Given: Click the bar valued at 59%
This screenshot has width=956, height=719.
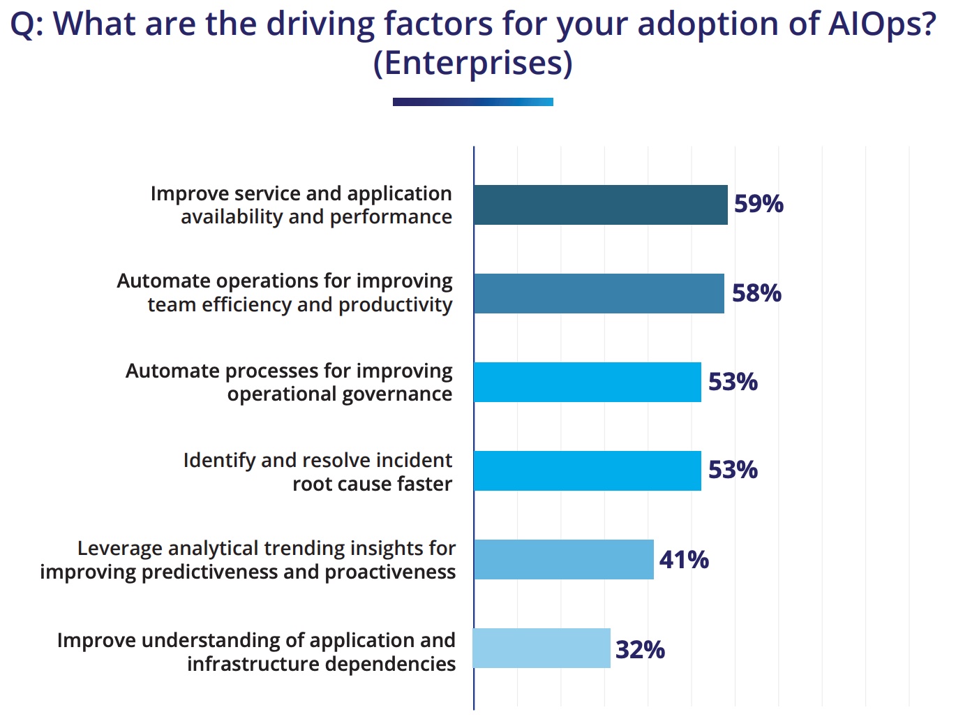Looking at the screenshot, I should pos(600,205).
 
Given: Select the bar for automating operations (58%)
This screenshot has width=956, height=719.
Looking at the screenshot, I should pos(599,293).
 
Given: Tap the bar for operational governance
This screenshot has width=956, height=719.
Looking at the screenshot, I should pos(587,382).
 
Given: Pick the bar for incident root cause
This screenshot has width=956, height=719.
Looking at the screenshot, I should pos(587,470).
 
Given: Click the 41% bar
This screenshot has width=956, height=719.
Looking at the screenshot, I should pos(563,559).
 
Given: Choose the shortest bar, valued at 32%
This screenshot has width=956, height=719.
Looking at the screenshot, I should pos(542,648).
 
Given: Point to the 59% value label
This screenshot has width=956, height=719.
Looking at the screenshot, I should pos(759,204).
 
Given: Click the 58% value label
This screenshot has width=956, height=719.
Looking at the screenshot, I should pos(756,292).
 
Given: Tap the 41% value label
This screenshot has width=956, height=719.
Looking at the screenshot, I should pos(684,559).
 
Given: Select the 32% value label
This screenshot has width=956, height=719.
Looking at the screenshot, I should pos(640,649).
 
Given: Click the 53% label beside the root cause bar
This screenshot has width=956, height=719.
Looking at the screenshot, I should pos(733,470).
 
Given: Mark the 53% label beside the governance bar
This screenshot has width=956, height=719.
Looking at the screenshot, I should pos(733,382).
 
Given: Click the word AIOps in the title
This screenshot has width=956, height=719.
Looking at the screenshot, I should pos(881,24).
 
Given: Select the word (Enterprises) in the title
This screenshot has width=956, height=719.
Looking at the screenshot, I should pos(472,64).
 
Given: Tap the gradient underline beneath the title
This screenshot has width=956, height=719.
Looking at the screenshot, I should pos(472,102).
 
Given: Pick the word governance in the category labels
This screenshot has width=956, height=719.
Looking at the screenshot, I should pos(398,394).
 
